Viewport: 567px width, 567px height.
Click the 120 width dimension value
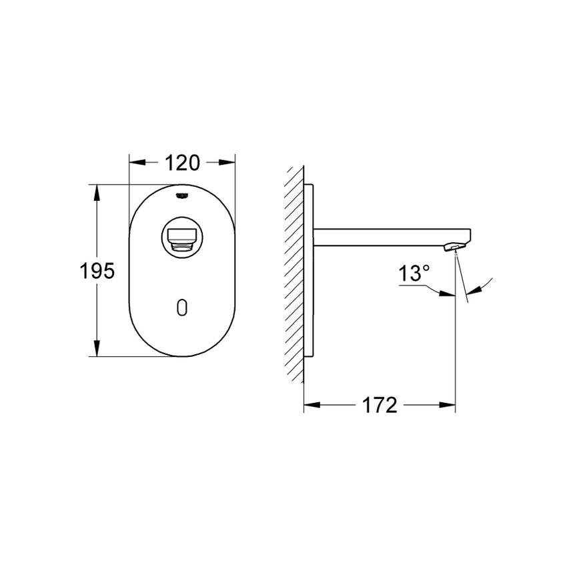pos(181,162)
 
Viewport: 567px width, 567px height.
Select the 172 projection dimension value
pos(380,404)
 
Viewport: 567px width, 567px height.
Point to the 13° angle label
pos(414,273)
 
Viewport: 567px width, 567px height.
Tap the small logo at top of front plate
pos(181,195)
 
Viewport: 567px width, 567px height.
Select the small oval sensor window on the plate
pos(182,307)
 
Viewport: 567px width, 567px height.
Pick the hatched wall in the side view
pos(294,273)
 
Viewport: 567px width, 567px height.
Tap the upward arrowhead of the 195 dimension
pos(97,192)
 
